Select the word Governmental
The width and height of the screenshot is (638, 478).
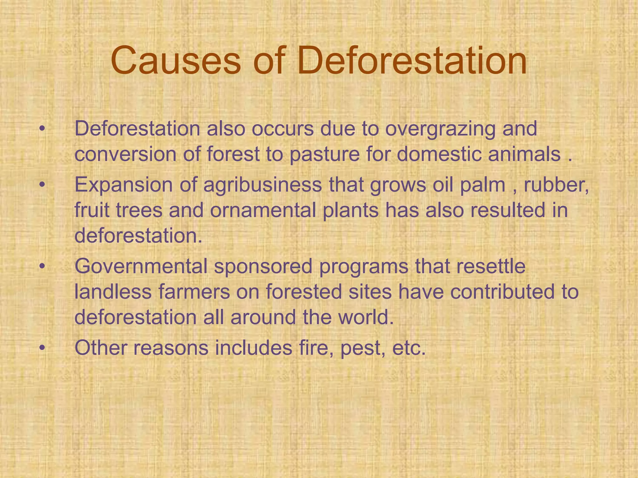[141, 267]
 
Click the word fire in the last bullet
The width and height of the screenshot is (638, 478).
[316, 348]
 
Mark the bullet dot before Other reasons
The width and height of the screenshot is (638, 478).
[42, 348]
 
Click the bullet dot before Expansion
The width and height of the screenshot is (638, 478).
[42, 185]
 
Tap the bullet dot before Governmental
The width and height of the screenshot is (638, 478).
[42, 267]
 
